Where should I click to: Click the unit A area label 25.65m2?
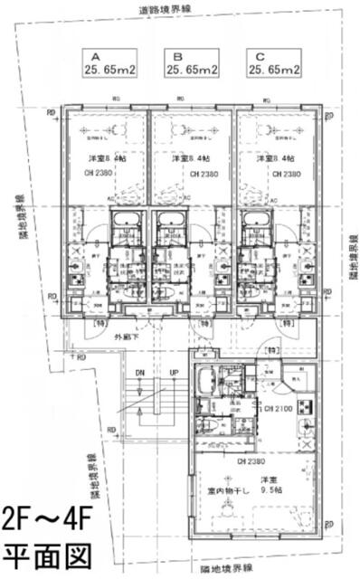click(110, 68)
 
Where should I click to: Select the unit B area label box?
click(189, 62)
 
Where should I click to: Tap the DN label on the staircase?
click(139, 372)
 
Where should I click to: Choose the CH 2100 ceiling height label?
click(251, 410)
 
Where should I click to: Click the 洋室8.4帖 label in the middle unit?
click(189, 158)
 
